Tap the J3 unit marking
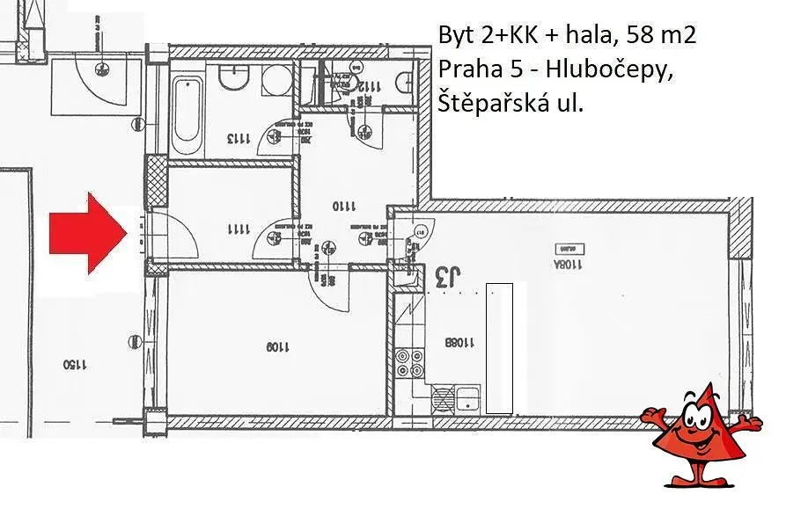pyautogui.click(x=447, y=279)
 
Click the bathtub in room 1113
pyautogui.click(x=186, y=115)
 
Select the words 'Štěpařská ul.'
pyautogui.click(x=511, y=104)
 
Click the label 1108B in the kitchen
pyautogui.click(x=460, y=342)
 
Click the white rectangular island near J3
pyautogui.click(x=500, y=348)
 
